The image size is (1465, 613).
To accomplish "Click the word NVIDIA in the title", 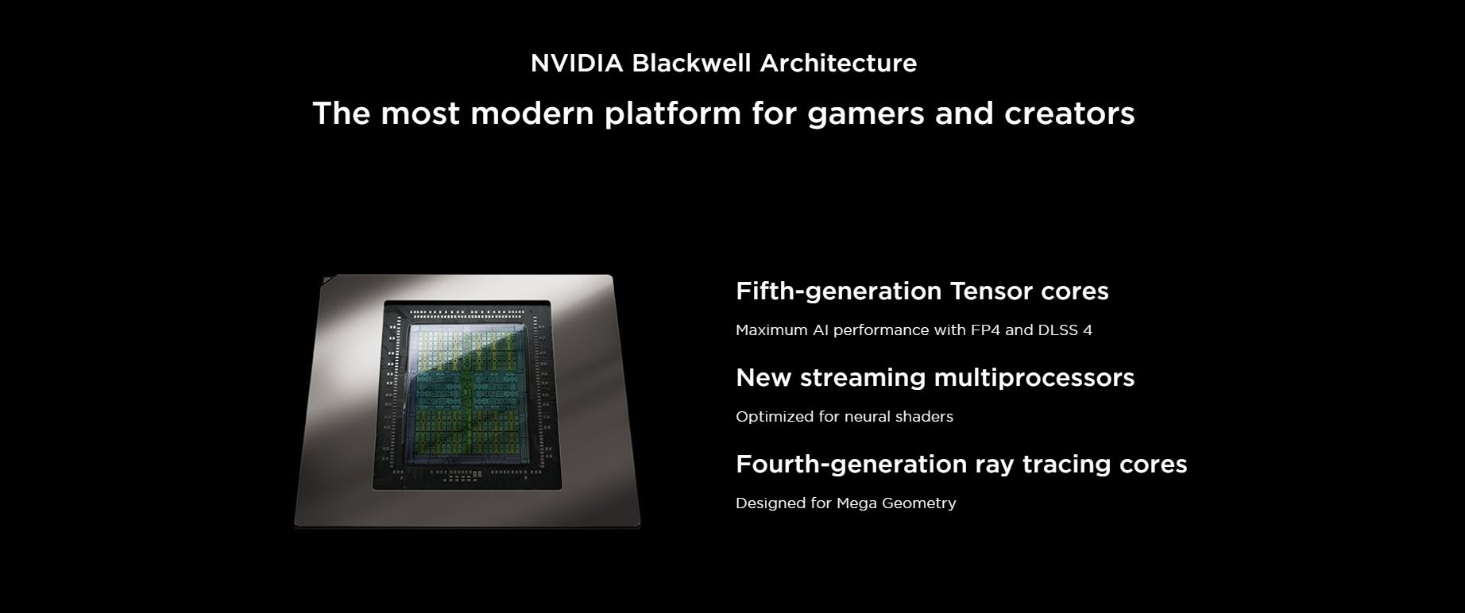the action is coord(577,63).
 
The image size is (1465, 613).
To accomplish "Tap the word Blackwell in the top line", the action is coord(692,63).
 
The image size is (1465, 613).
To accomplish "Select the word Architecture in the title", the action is coord(838,63).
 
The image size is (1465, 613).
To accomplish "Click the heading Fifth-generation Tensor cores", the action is coord(922,291).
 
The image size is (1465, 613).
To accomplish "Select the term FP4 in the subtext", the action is coord(985,330).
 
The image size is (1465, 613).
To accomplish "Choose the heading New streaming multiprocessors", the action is coord(935,377).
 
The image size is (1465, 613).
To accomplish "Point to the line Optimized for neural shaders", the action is coord(845,416).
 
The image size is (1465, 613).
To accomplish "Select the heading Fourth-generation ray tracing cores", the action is coord(961,464).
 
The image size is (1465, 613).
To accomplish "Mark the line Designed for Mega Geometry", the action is coord(846,503).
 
